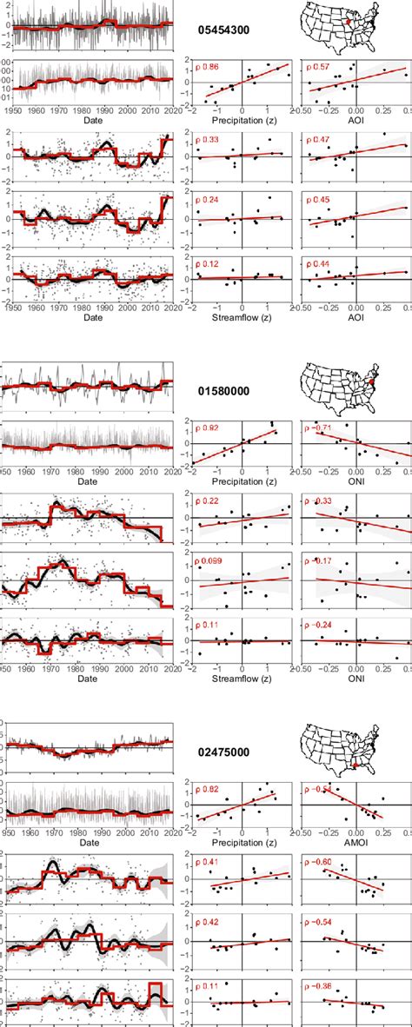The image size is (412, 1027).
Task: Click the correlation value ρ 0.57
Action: click(x=320, y=67)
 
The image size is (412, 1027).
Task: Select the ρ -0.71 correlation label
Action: click(x=322, y=428)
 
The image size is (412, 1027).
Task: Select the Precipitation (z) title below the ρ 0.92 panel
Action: click(x=243, y=480)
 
